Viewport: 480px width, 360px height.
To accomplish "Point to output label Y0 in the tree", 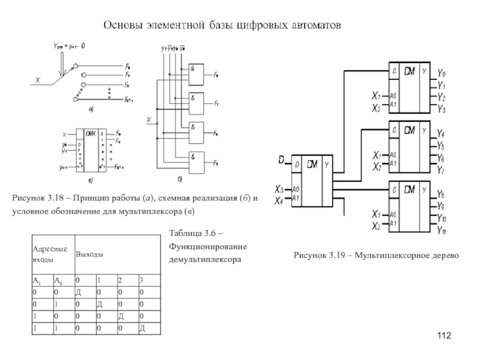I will pos(441,73).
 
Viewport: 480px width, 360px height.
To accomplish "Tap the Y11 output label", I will pos(442,230).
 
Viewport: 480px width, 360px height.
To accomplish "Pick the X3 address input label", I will pos(279,188).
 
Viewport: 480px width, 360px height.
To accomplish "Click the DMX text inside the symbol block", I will pos(91,133).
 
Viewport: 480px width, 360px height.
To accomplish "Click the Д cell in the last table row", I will pos(142,328).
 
